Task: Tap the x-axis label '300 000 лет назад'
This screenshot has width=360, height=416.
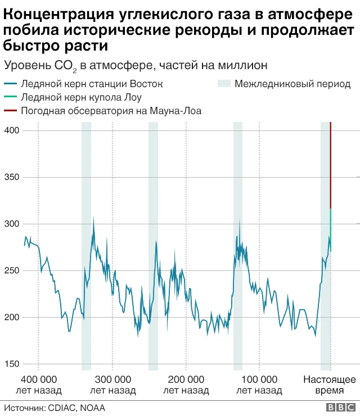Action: [x=112, y=385]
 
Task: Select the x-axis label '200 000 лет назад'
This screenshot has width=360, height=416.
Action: [x=186, y=385]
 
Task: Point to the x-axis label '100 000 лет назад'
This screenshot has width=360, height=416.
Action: [x=259, y=385]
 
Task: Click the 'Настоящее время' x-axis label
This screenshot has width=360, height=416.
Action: [x=330, y=385]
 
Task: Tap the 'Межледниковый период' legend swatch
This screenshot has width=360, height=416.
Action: [x=224, y=84]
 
